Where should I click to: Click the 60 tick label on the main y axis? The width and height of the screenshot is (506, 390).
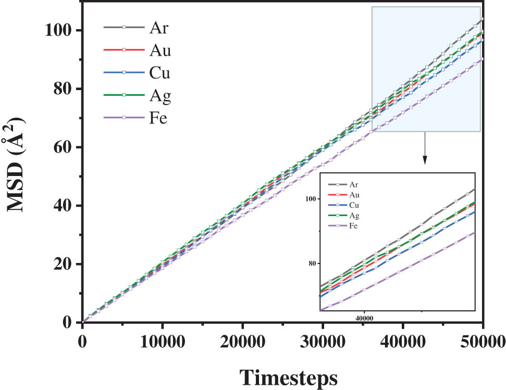63,147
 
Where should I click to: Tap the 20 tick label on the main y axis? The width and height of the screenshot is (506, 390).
63,264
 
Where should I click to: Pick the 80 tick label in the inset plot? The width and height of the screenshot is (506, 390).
314,263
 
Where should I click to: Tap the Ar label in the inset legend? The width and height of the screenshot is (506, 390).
354,184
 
